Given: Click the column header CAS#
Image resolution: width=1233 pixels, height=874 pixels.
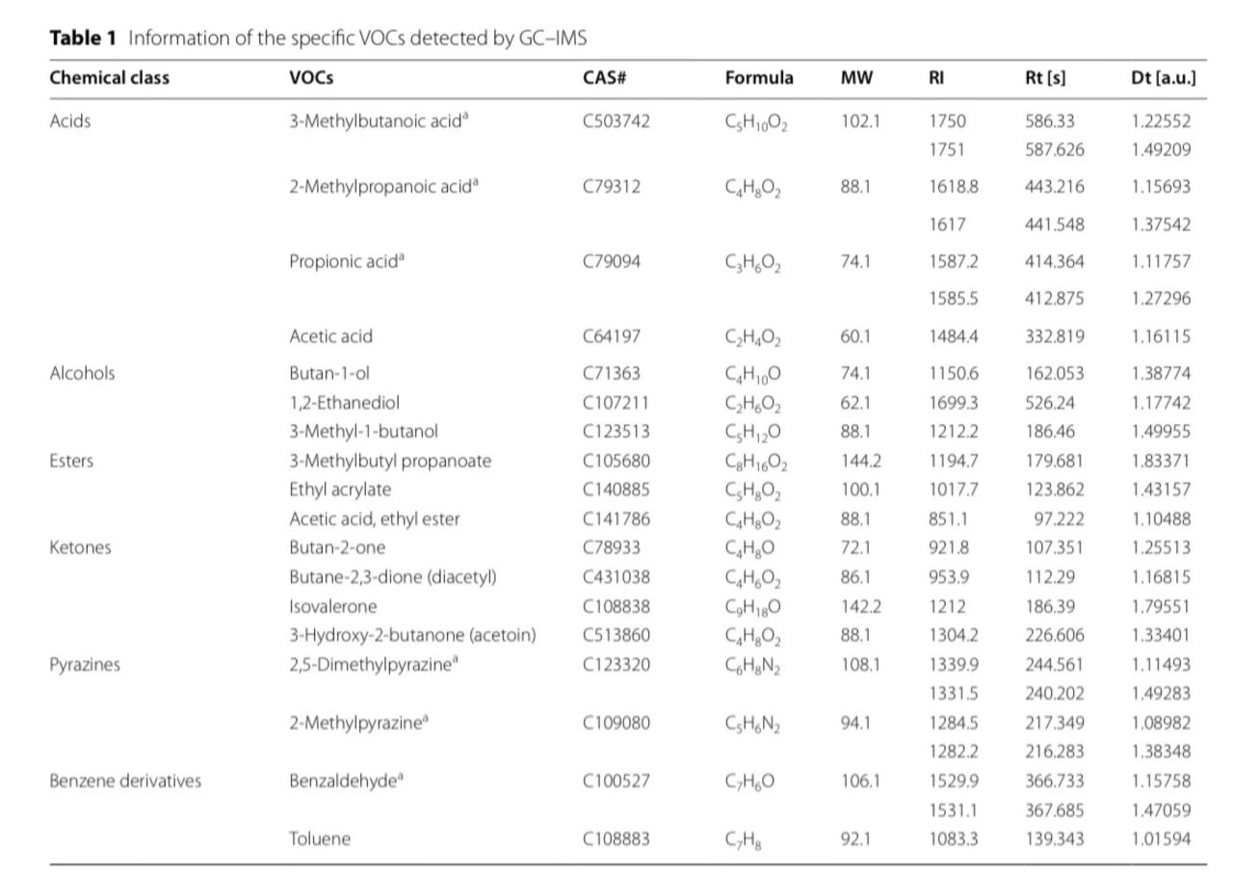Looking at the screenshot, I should click(x=605, y=78).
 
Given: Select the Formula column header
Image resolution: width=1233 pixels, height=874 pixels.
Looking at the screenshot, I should click(x=759, y=78).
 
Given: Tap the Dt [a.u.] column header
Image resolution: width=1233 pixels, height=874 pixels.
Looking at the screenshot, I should click(x=1163, y=78).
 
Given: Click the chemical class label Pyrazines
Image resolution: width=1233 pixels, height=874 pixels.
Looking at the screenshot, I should click(x=85, y=664).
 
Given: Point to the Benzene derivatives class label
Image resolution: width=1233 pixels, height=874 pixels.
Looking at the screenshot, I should click(x=125, y=781).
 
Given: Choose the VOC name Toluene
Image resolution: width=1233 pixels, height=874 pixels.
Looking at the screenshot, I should click(x=320, y=838).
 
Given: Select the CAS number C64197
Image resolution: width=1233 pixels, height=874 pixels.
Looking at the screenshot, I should click(x=612, y=336).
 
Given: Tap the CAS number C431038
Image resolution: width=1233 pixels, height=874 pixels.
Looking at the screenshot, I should click(x=616, y=577).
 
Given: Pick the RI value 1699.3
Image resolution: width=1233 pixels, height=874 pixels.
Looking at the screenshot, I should click(x=953, y=403).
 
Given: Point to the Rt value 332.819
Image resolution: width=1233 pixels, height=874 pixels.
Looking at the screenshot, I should click(x=1054, y=336).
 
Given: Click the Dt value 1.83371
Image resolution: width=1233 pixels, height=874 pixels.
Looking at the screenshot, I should click(x=1161, y=461).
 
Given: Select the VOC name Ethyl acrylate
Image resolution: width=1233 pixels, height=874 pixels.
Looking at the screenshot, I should click(x=340, y=490).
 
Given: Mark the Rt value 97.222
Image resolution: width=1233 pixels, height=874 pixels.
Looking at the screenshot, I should click(x=1059, y=518).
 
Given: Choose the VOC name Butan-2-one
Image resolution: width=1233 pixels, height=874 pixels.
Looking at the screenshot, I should click(x=337, y=547).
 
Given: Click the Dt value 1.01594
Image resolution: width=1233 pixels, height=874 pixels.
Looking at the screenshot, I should click(x=1161, y=838).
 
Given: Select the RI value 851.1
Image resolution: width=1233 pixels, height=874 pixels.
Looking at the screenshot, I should click(x=948, y=518).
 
